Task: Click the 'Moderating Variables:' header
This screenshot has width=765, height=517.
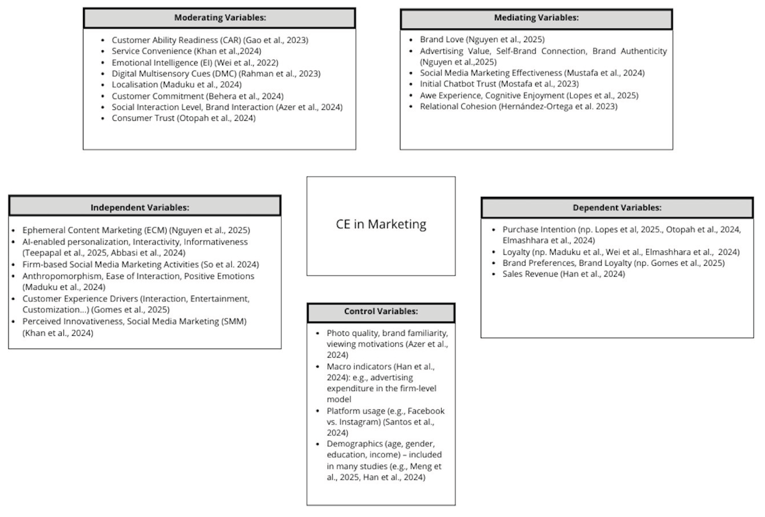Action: (220, 18)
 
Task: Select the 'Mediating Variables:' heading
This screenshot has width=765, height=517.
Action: (536, 18)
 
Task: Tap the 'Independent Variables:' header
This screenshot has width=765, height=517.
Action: (140, 207)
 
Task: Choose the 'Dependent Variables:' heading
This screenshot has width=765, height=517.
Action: (617, 208)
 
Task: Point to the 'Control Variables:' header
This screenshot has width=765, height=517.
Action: (381, 311)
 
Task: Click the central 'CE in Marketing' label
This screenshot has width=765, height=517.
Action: (381, 224)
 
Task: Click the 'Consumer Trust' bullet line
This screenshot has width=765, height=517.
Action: (183, 118)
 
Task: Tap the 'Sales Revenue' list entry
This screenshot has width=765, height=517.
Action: (563, 274)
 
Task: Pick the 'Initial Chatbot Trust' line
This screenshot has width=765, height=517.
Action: (499, 84)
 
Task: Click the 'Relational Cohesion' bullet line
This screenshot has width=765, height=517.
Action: (518, 106)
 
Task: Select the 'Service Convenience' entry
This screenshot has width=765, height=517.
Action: (186, 51)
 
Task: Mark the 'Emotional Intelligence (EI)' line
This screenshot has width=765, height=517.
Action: (195, 62)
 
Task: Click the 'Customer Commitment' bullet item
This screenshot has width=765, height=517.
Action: (198, 96)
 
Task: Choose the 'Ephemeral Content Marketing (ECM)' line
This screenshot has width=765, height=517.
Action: (136, 230)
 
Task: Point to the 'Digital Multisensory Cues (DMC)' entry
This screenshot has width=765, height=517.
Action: (216, 73)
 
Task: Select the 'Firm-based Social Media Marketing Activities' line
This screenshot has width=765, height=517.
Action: (141, 265)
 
